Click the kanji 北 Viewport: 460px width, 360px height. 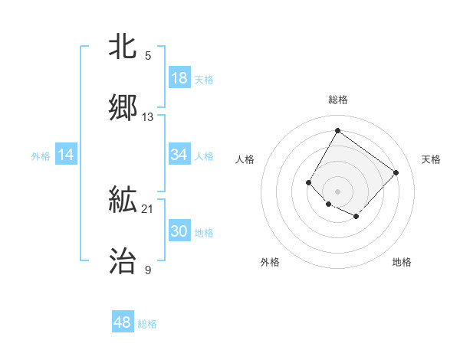pyautogui.click(x=123, y=47)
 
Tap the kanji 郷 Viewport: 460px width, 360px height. pyautogui.click(x=123, y=108)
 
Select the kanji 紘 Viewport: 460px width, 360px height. pyautogui.click(x=123, y=201)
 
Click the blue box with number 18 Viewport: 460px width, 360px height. pyautogui.click(x=179, y=78)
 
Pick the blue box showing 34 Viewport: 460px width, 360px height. pyautogui.click(x=179, y=155)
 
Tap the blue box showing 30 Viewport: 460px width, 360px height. pyautogui.click(x=179, y=231)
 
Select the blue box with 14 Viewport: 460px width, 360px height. pyautogui.click(x=66, y=155)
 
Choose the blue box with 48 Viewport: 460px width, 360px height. pyautogui.click(x=123, y=322)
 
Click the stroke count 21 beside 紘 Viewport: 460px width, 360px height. pyautogui.click(x=148, y=209)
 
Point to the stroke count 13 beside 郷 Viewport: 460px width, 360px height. pyautogui.click(x=148, y=117)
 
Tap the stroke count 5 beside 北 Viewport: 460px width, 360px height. pyautogui.click(x=148, y=55)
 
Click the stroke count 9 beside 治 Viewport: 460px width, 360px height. pyautogui.click(x=148, y=270)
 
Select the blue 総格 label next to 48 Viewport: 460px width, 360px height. pyautogui.click(x=147, y=324)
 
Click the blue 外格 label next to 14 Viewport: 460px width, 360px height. pyautogui.click(x=41, y=156)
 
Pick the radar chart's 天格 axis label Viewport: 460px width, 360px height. pyautogui.click(x=431, y=159)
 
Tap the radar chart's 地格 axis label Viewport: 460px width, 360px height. pyautogui.click(x=402, y=262)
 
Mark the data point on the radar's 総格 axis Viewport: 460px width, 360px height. pyautogui.click(x=337, y=130)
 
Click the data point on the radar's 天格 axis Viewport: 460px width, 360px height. pyautogui.click(x=396, y=172)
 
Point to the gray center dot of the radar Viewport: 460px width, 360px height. pyautogui.click(x=337, y=191)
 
